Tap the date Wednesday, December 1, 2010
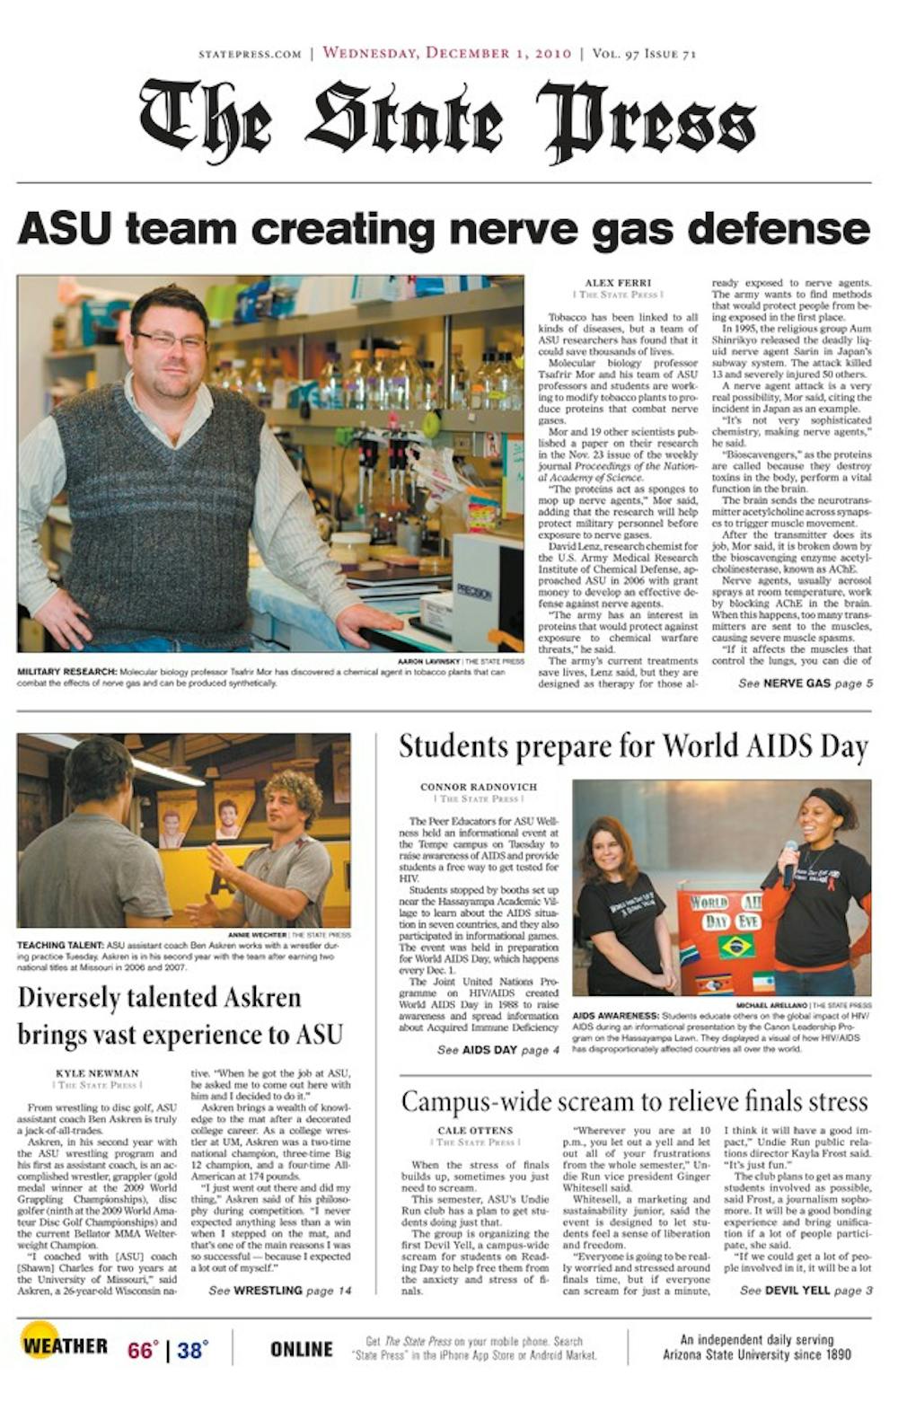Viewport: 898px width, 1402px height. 446,53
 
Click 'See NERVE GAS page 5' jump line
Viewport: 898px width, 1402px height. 805,683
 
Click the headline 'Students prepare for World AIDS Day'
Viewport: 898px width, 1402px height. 633,747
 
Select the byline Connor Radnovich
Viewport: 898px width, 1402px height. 479,787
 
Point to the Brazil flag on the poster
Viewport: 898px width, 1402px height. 735,946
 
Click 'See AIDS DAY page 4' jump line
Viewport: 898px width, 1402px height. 497,1050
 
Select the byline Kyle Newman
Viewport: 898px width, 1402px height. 97,1073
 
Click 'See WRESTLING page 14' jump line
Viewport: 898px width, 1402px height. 279,1291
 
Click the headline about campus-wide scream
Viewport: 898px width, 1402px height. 634,1101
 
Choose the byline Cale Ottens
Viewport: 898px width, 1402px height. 475,1131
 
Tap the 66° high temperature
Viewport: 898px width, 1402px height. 142,1350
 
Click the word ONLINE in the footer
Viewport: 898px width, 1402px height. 301,1349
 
